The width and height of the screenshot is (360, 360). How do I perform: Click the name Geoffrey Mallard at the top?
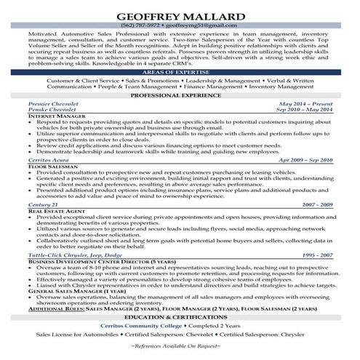[180, 14]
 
